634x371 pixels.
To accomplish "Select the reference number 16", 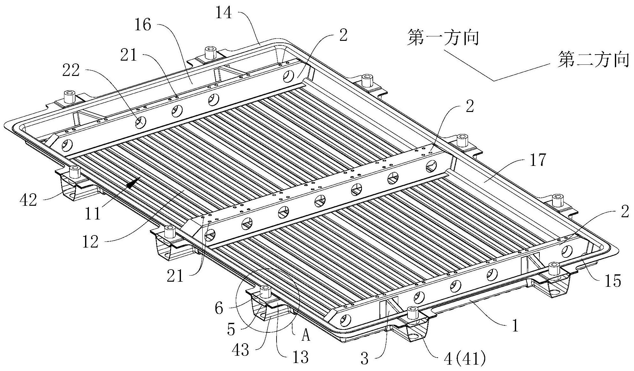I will coord(142,25).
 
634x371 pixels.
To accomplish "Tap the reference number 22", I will coord(71,71).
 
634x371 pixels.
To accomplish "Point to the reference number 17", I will coord(538,160).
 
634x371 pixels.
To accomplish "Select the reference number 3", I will coord(364,359).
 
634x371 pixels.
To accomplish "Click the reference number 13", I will coord(300,357).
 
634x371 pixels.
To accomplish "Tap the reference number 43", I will coord(241,351).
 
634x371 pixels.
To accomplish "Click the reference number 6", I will coord(219,309).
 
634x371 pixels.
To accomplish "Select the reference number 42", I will coord(29,200).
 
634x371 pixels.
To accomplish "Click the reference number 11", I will coord(93,213).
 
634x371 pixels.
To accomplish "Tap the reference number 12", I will coord(90,242).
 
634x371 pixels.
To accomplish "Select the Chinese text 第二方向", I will coord(594,60).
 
